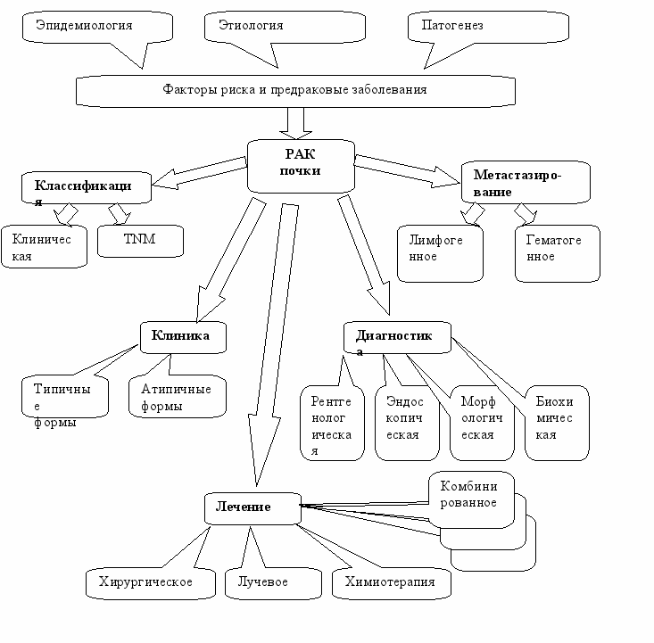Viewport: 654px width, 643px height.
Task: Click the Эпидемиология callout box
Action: click(x=97, y=27)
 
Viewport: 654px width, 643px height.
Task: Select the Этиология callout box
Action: click(x=285, y=27)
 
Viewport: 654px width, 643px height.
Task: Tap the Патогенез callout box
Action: click(x=488, y=27)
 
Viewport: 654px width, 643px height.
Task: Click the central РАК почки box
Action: click(x=301, y=167)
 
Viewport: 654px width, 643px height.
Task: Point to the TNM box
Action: click(x=140, y=241)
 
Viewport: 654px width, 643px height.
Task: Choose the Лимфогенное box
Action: click(x=440, y=253)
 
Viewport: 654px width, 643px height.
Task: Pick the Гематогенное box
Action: click(x=558, y=253)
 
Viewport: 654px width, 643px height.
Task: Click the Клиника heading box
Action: click(x=183, y=337)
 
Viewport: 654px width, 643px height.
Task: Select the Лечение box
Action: click(x=252, y=508)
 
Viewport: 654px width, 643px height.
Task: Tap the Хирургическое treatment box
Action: click(x=151, y=583)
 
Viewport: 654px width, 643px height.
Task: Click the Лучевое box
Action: click(x=273, y=583)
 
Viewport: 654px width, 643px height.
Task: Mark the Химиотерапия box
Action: click(x=391, y=583)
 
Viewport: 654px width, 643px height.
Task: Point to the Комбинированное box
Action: click(x=471, y=499)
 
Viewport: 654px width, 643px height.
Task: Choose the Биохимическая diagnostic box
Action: click(x=557, y=423)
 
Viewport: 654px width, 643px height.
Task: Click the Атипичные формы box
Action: click(x=178, y=396)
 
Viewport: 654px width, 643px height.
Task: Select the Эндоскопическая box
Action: click(x=407, y=423)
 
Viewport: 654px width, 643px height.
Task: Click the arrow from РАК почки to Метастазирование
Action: click(x=408, y=171)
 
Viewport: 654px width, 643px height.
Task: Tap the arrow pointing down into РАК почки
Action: click(x=295, y=123)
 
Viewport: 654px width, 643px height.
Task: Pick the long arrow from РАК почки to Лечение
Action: click(x=273, y=344)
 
